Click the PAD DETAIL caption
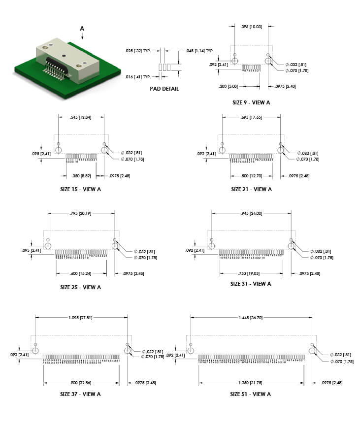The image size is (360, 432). coord(164,89)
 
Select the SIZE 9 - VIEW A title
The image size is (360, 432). coord(251,102)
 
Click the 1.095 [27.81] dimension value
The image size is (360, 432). coord(81,318)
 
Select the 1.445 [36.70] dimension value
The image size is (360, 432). coord(251,318)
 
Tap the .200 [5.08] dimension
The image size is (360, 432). coord(229,86)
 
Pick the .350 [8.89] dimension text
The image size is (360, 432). coord(81,175)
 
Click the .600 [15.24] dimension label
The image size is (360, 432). coord(81,273)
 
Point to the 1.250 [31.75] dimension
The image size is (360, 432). coord(251,383)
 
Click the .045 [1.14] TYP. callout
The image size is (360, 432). coord(199,51)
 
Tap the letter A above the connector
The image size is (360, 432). coord(82,29)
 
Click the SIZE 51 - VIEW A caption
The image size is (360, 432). coord(251,394)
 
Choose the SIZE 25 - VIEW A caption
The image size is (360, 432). coord(81,287)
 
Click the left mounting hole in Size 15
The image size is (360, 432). coord(59,149)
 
